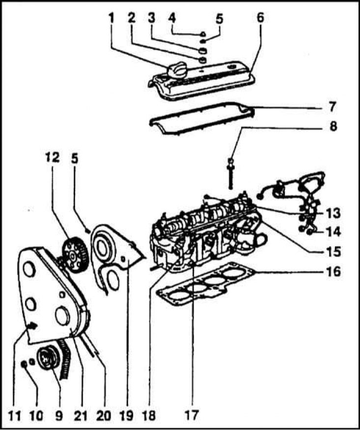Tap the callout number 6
point(260,18)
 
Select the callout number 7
point(332,107)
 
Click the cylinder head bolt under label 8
point(231,173)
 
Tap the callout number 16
point(333,271)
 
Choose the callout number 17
point(192,414)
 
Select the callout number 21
point(81,415)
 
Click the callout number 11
point(14,416)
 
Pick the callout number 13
point(332,214)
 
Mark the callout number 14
point(333,232)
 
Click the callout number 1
point(111,18)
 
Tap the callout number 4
point(172,18)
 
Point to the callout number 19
point(126,415)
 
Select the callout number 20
point(104,415)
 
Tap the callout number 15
point(333,252)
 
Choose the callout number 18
point(149,415)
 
